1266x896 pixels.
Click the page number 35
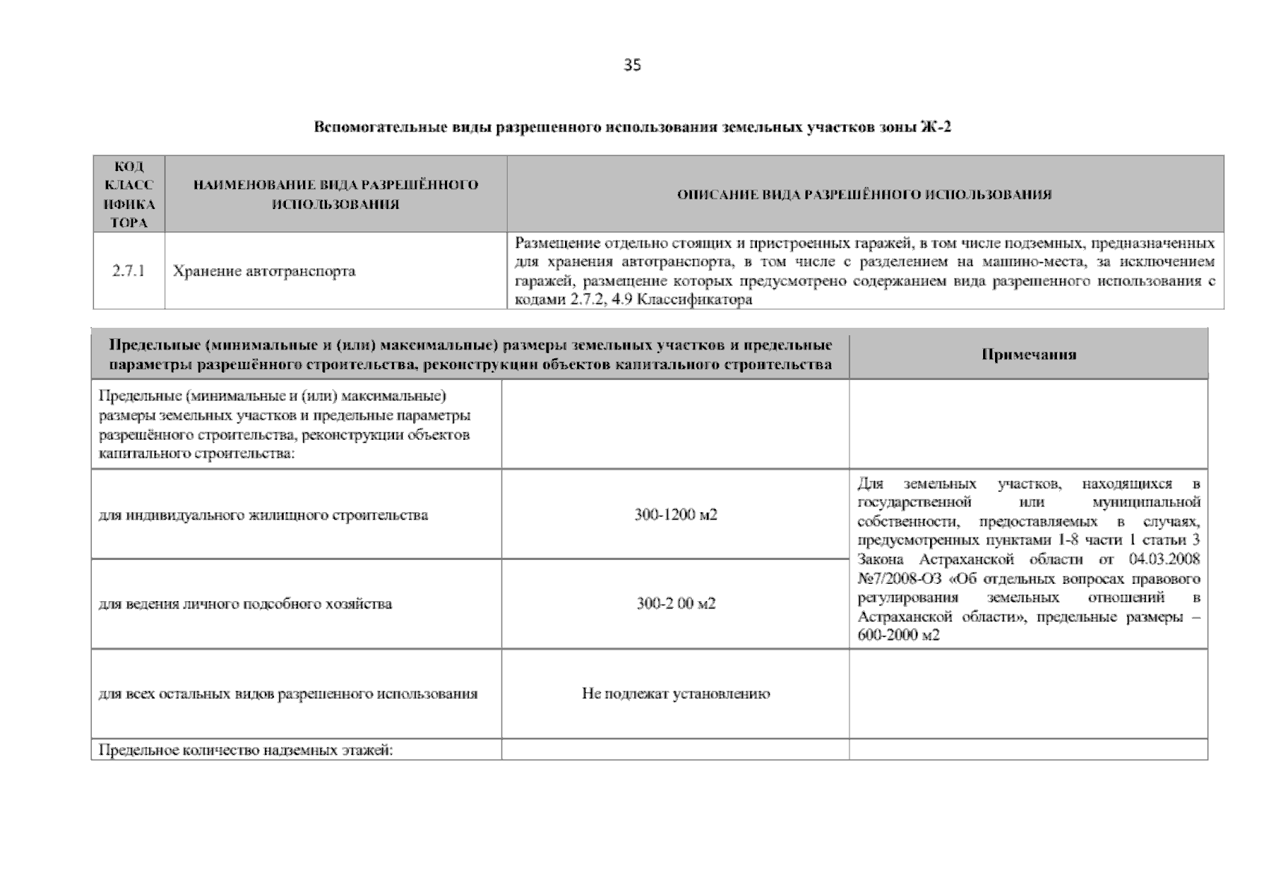click(x=632, y=65)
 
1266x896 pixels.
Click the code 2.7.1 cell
click(x=128, y=271)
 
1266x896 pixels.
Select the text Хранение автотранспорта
click(x=264, y=271)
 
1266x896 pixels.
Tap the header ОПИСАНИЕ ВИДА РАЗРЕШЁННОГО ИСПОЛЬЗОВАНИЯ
click(x=864, y=195)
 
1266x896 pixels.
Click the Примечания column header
click(x=1028, y=355)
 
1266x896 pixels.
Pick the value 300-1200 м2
click(x=676, y=515)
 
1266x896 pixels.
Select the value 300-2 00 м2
click(x=676, y=603)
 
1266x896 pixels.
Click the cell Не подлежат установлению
click(x=676, y=694)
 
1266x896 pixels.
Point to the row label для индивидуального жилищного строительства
click(x=263, y=515)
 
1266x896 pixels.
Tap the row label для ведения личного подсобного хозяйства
click(x=245, y=603)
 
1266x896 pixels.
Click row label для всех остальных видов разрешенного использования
click(x=287, y=694)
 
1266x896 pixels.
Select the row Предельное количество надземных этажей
click(x=246, y=750)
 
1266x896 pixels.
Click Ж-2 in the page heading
click(x=937, y=127)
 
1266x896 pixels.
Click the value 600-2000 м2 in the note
click(x=899, y=635)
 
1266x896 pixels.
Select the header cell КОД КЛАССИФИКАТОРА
click(x=128, y=194)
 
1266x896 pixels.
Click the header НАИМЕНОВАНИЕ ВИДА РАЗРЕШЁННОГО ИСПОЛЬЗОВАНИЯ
click(x=335, y=194)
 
